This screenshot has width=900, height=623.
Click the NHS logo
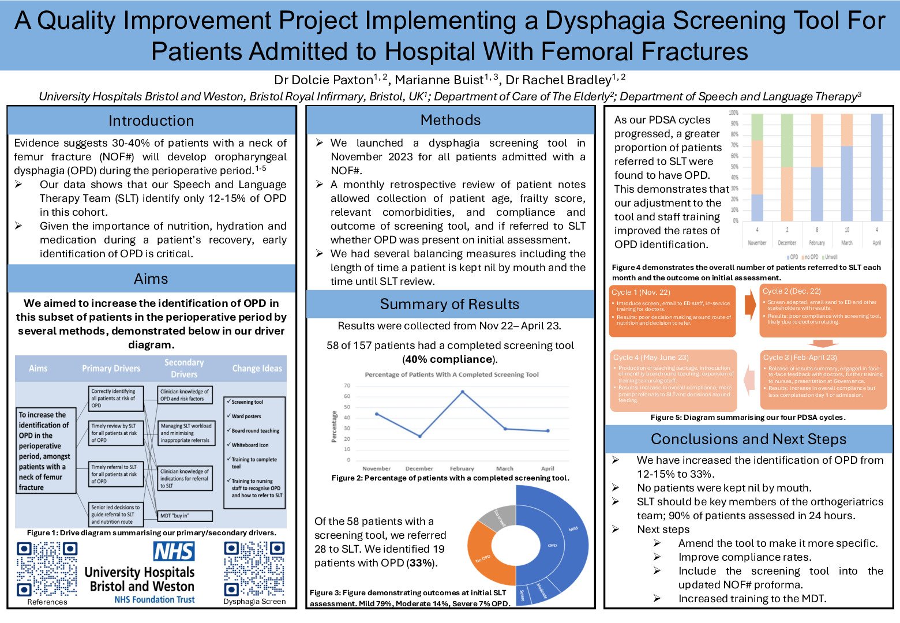click(x=174, y=551)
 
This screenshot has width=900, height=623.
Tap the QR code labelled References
click(x=46, y=569)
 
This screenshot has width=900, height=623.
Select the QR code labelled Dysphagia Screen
click(x=254, y=569)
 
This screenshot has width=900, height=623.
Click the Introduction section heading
click(x=151, y=121)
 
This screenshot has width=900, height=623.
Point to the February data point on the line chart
click(x=462, y=392)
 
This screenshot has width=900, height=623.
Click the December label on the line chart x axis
click(x=419, y=468)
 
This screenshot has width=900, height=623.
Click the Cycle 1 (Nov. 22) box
click(x=672, y=311)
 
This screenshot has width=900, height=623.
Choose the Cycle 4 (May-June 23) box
click(x=673, y=380)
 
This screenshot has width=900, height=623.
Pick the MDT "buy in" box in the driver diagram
click(x=185, y=516)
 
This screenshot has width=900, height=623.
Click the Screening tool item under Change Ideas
click(x=247, y=402)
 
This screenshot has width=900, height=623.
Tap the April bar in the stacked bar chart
click(x=876, y=167)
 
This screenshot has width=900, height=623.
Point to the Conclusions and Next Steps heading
click(x=748, y=439)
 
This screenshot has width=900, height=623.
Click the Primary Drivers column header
click(x=111, y=369)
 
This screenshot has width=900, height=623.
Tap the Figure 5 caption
click(x=748, y=417)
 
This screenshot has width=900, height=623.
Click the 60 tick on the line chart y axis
click(x=347, y=396)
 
